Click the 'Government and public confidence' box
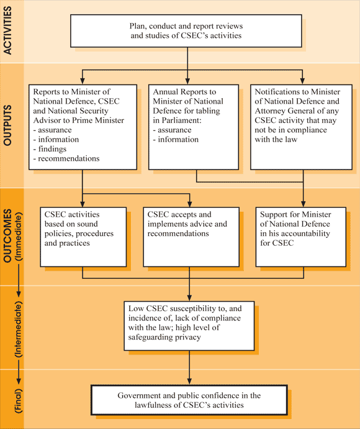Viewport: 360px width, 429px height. tap(189, 400)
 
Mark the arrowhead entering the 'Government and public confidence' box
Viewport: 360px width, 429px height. tap(189, 382)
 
